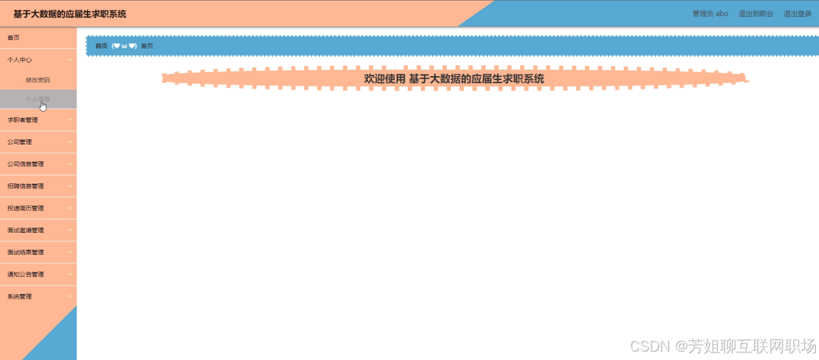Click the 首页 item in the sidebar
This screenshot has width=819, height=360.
[14, 37]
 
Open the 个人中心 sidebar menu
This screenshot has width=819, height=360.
[20, 59]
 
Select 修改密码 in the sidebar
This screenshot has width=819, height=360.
[37, 80]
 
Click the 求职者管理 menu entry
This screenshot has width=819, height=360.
[23, 120]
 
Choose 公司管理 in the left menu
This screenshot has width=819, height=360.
[20, 142]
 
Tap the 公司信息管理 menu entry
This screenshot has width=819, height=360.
[26, 164]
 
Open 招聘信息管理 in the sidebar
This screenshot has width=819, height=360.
[26, 186]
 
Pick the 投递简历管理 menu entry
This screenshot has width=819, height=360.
[26, 208]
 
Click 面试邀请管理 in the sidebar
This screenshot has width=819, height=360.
[26, 230]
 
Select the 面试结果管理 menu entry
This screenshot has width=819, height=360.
[26, 252]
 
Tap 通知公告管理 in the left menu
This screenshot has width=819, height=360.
[26, 274]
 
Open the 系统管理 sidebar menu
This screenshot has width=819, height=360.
[20, 297]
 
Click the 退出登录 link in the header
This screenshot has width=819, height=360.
[797, 14]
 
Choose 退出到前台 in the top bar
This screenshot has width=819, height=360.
[756, 14]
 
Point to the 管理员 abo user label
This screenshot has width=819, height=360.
[710, 14]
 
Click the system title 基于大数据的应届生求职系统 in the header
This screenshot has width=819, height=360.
[70, 14]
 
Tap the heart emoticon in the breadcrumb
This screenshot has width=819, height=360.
[124, 46]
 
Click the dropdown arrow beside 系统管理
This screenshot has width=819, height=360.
[70, 297]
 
